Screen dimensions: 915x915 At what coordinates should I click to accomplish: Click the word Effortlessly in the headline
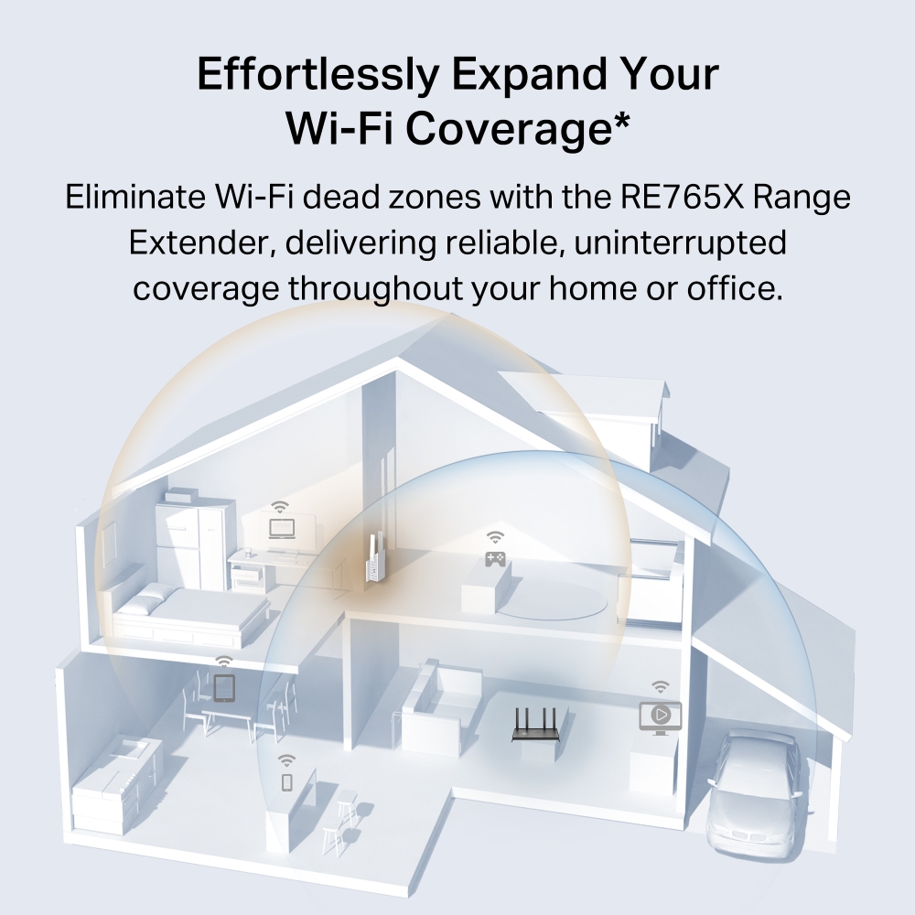[318, 75]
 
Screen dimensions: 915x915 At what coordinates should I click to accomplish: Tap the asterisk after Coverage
[621, 121]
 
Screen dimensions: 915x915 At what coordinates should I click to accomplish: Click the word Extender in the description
[202, 242]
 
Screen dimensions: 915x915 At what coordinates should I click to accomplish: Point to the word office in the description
[734, 287]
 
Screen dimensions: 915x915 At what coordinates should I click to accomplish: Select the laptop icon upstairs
[282, 529]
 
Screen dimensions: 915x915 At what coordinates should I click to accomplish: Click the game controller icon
[495, 559]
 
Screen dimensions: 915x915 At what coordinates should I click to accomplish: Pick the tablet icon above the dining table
[224, 687]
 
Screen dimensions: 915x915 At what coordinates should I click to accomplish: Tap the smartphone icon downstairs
[286, 782]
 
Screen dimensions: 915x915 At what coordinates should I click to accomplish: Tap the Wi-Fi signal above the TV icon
[660, 686]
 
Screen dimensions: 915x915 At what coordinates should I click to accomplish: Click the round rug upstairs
[552, 601]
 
